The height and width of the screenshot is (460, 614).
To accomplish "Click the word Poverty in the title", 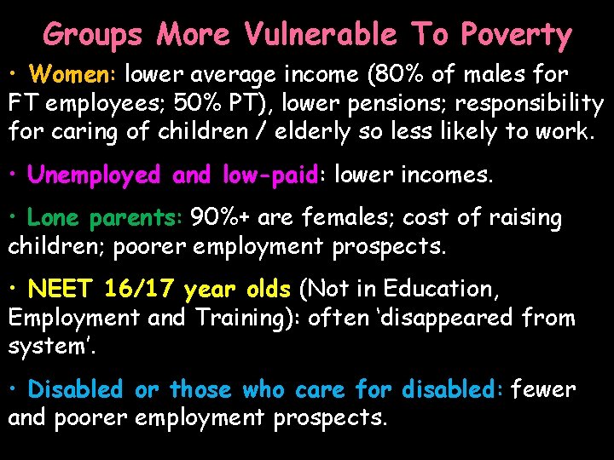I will pos(517,36).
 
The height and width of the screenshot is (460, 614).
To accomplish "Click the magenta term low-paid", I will pos(269,175).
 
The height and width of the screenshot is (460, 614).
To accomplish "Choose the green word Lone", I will pos(54,218).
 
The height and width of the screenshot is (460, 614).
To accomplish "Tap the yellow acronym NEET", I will pos(61,290).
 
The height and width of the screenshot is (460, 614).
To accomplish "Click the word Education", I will pos(440,290).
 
